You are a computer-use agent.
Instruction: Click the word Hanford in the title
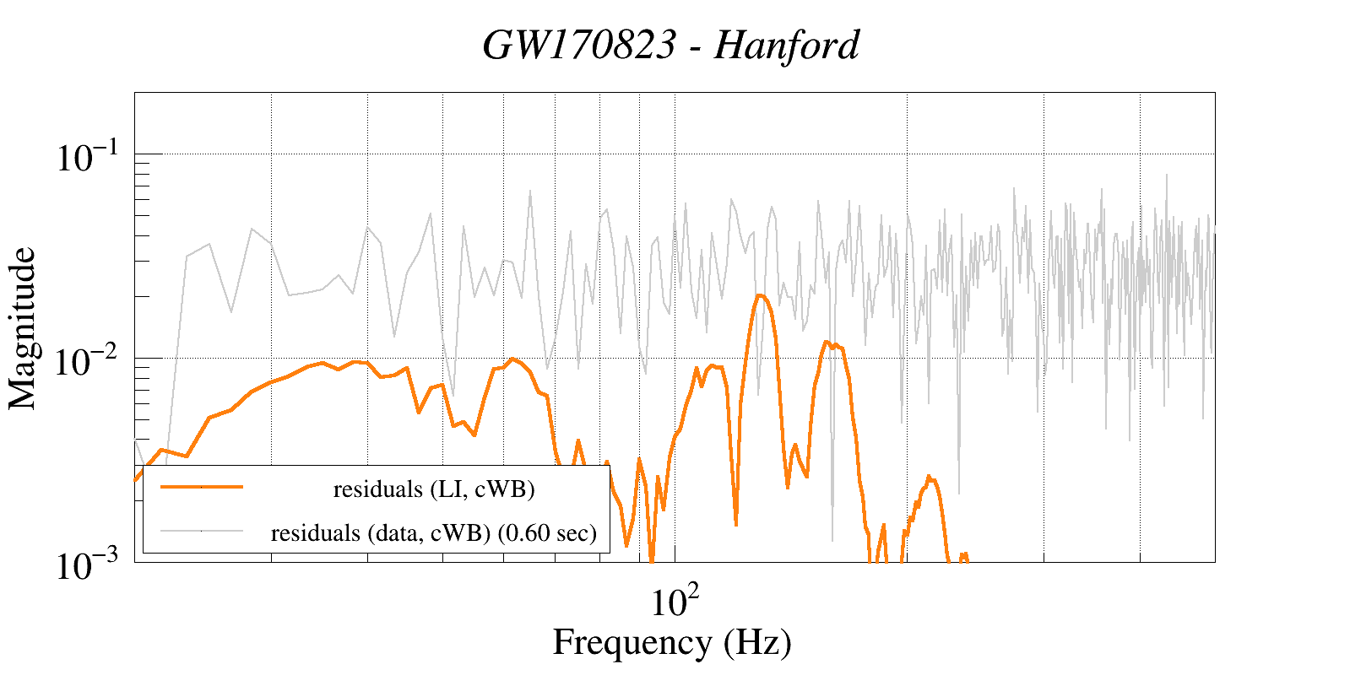click(787, 46)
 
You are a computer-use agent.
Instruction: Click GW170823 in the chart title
click(579, 46)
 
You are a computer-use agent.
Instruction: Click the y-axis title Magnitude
click(23, 328)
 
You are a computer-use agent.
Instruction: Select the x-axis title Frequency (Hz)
click(672, 642)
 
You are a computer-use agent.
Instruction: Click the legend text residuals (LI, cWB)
click(434, 489)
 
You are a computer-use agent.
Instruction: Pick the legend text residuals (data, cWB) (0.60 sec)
click(434, 533)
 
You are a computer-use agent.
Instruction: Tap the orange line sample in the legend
click(201, 487)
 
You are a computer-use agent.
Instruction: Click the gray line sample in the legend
click(201, 531)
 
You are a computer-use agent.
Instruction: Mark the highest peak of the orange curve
click(760, 295)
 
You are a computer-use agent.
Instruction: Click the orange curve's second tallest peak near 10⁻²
click(827, 343)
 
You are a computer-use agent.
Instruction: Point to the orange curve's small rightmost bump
click(930, 478)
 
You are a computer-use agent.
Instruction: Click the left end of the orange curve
click(136, 480)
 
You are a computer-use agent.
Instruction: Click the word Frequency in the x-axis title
click(632, 642)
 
